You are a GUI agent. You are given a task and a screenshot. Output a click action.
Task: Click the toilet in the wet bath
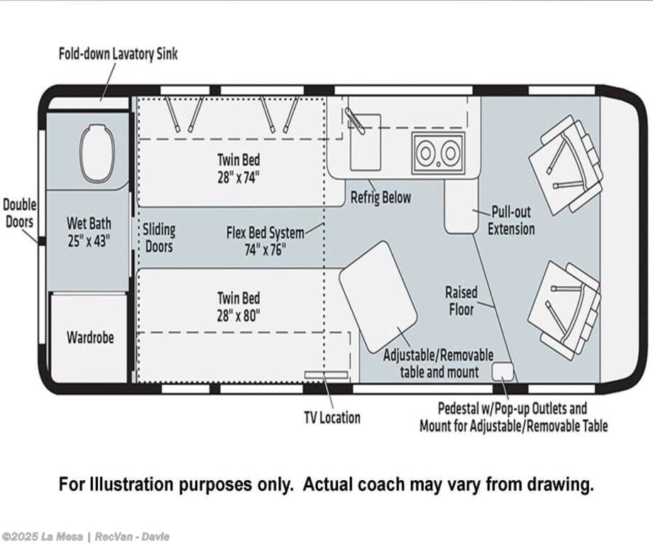[x=98, y=154]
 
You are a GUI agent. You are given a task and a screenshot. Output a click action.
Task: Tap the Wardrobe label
[x=90, y=337]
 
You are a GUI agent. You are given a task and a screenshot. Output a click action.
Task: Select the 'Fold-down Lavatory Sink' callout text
[x=118, y=54]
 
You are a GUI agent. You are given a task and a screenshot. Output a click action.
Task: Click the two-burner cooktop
[x=438, y=152]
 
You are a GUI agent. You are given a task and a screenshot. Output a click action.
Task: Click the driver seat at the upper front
[x=566, y=165]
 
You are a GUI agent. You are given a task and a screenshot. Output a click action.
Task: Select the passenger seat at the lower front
[x=565, y=309]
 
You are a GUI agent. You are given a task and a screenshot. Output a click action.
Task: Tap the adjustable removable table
[x=378, y=296]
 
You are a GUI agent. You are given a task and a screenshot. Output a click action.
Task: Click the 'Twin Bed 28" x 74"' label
[x=238, y=169]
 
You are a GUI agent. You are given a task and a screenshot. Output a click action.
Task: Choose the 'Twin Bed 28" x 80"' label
[x=238, y=307]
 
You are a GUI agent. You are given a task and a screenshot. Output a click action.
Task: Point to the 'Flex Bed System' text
[x=265, y=232]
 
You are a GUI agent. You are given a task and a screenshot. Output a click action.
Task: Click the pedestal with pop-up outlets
[x=503, y=371]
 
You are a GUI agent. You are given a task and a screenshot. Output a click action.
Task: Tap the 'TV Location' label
[x=332, y=418]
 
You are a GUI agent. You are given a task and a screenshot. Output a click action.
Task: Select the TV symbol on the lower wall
[x=326, y=375]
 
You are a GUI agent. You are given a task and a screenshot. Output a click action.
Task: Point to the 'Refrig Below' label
[x=380, y=197]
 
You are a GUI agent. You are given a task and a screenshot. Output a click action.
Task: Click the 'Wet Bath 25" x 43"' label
[x=89, y=232]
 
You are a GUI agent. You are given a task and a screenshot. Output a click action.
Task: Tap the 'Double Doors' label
[x=20, y=213]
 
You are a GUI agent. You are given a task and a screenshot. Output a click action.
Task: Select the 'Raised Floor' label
[x=461, y=301]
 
